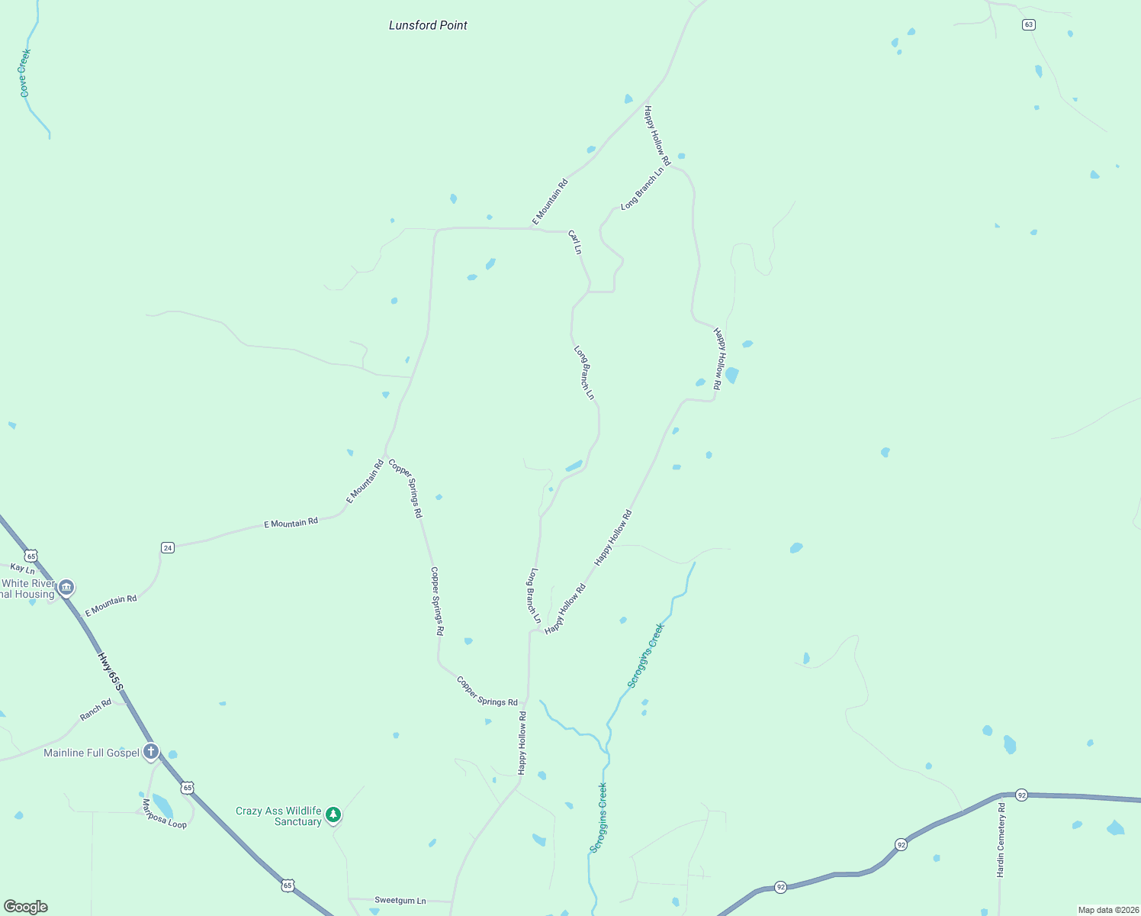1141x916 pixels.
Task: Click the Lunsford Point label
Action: pyautogui.click(x=428, y=25)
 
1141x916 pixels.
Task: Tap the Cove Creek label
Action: pyautogui.click(x=24, y=73)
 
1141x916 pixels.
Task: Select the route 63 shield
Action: pyautogui.click(x=1028, y=24)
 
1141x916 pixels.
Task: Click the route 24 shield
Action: pyautogui.click(x=168, y=547)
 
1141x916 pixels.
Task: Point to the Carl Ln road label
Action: pyautogui.click(x=575, y=243)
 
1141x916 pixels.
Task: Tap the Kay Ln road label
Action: pyautogui.click(x=22, y=569)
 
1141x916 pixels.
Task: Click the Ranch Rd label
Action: pyautogui.click(x=96, y=710)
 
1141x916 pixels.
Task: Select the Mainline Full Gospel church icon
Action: pyautogui.click(x=151, y=752)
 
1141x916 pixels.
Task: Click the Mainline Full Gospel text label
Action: pyautogui.click(x=92, y=753)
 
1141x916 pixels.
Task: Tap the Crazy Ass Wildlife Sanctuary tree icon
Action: pyautogui.click(x=333, y=814)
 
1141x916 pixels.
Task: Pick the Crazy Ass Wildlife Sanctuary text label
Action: pyautogui.click(x=278, y=816)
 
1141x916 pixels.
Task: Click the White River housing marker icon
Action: pyautogui.click(x=66, y=586)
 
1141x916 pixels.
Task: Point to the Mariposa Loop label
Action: pyautogui.click(x=164, y=814)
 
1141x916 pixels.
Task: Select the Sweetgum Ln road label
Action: pyautogui.click(x=400, y=901)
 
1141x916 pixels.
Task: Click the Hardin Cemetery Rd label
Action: pyautogui.click(x=1001, y=840)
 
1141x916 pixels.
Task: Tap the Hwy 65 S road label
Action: pyautogui.click(x=110, y=672)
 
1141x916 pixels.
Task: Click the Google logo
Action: pyautogui.click(x=26, y=907)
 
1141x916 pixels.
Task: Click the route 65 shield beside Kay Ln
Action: pyautogui.click(x=31, y=556)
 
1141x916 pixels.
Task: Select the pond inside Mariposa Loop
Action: pyautogui.click(x=162, y=806)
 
